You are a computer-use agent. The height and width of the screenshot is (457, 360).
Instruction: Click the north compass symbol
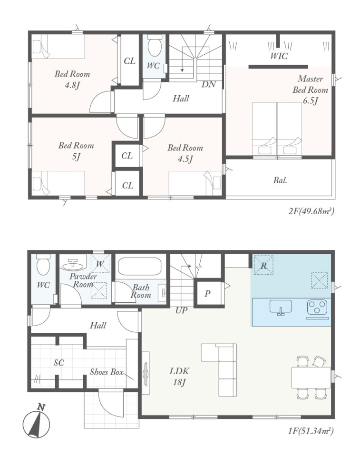point(36,421)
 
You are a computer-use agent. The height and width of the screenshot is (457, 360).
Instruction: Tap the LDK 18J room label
point(179,376)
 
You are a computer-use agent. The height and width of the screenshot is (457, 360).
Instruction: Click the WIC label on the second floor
point(279,56)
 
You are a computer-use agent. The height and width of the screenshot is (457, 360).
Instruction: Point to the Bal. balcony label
point(280,180)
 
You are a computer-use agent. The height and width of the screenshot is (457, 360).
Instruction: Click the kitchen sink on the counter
point(281,308)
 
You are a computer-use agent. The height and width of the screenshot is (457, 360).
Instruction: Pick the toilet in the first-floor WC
point(44,264)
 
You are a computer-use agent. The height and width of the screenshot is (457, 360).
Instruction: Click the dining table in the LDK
point(311,378)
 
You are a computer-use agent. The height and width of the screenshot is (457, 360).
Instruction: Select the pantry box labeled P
point(208,293)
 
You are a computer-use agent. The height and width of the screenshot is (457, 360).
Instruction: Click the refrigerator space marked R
point(263,265)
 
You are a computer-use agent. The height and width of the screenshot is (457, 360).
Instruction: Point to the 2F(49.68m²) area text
point(311,211)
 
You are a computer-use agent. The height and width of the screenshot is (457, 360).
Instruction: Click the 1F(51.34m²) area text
point(311,430)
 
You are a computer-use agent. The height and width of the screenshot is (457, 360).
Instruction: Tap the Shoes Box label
point(107,372)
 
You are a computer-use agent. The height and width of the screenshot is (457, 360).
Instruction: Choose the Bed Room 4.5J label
point(185,153)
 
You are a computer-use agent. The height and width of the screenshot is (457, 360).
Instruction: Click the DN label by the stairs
point(209,85)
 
